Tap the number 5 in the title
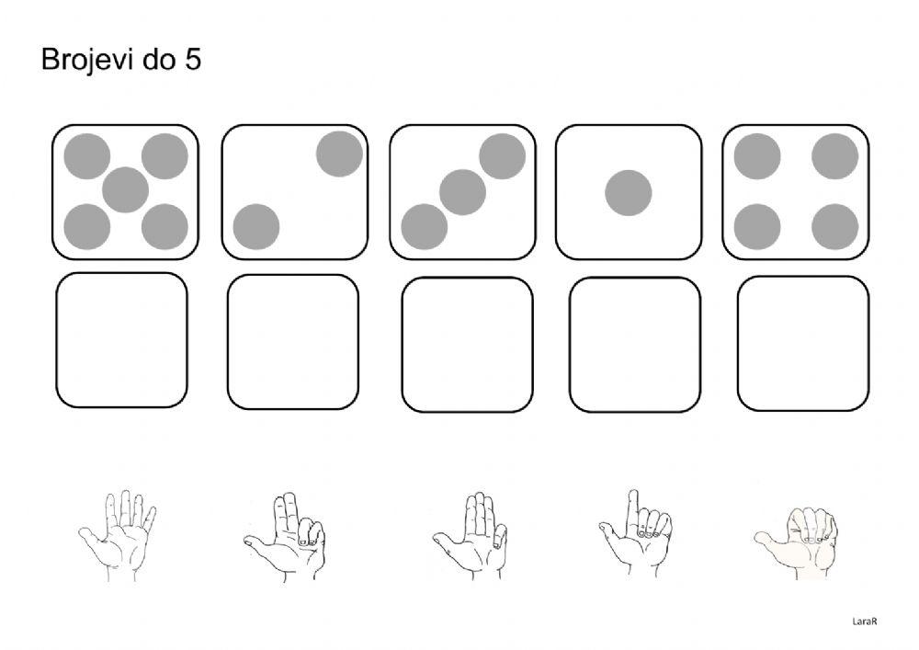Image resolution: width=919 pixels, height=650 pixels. [193, 61]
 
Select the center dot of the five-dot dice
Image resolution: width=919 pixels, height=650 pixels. [126, 191]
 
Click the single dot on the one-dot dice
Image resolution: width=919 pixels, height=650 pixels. [629, 194]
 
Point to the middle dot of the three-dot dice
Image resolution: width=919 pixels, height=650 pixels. [462, 191]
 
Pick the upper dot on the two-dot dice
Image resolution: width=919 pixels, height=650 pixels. [339, 154]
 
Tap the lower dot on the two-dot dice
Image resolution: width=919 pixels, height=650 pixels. [256, 226]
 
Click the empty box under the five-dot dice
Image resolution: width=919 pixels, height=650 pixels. [121, 340]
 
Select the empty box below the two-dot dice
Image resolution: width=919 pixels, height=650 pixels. [293, 342]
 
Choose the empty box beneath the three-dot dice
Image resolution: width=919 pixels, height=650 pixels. [467, 344]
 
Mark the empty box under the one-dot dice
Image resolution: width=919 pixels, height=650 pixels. [635, 344]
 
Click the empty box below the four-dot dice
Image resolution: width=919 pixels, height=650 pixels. [803, 343]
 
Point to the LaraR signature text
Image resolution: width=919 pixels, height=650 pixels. [866, 621]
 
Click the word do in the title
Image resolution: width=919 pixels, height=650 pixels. [153, 61]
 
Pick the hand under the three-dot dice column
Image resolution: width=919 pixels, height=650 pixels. [471, 537]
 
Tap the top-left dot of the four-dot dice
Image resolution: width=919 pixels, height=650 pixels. [757, 155]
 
